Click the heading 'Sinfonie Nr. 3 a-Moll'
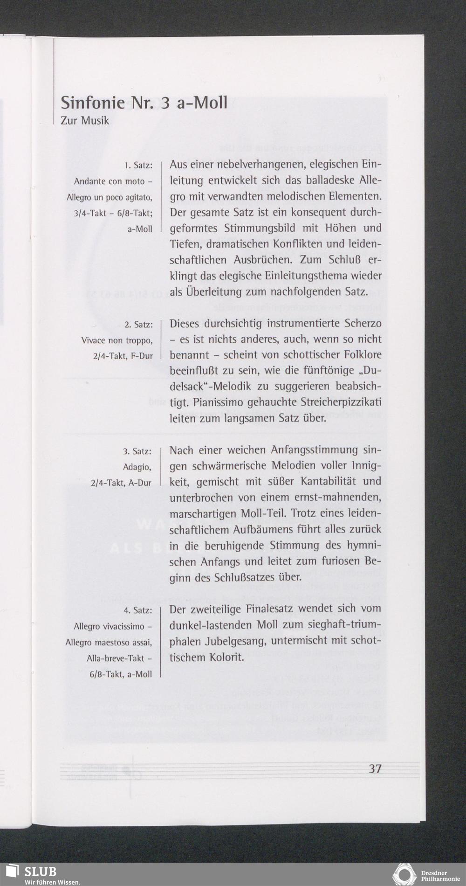tap(144, 102)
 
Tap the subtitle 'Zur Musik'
tap(85, 121)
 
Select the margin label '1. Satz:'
tap(138, 165)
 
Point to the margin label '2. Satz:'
tap(138, 325)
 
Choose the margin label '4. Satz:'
tap(137, 610)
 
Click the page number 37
tap(375, 768)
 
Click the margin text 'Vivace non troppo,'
tap(116, 340)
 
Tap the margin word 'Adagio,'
tap(137, 467)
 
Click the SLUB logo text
tap(41, 872)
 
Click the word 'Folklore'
tap(363, 355)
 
